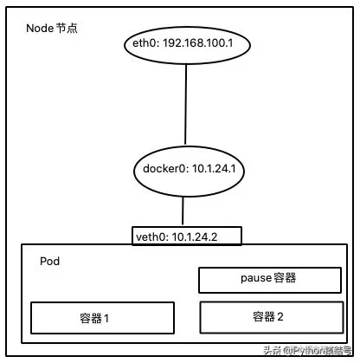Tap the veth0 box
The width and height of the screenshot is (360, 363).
(x=184, y=235)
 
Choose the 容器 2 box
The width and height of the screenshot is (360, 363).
(x=267, y=316)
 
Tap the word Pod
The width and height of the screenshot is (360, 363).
(x=50, y=260)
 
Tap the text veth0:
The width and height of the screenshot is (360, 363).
(x=151, y=236)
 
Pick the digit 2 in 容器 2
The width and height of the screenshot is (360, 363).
(x=280, y=316)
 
